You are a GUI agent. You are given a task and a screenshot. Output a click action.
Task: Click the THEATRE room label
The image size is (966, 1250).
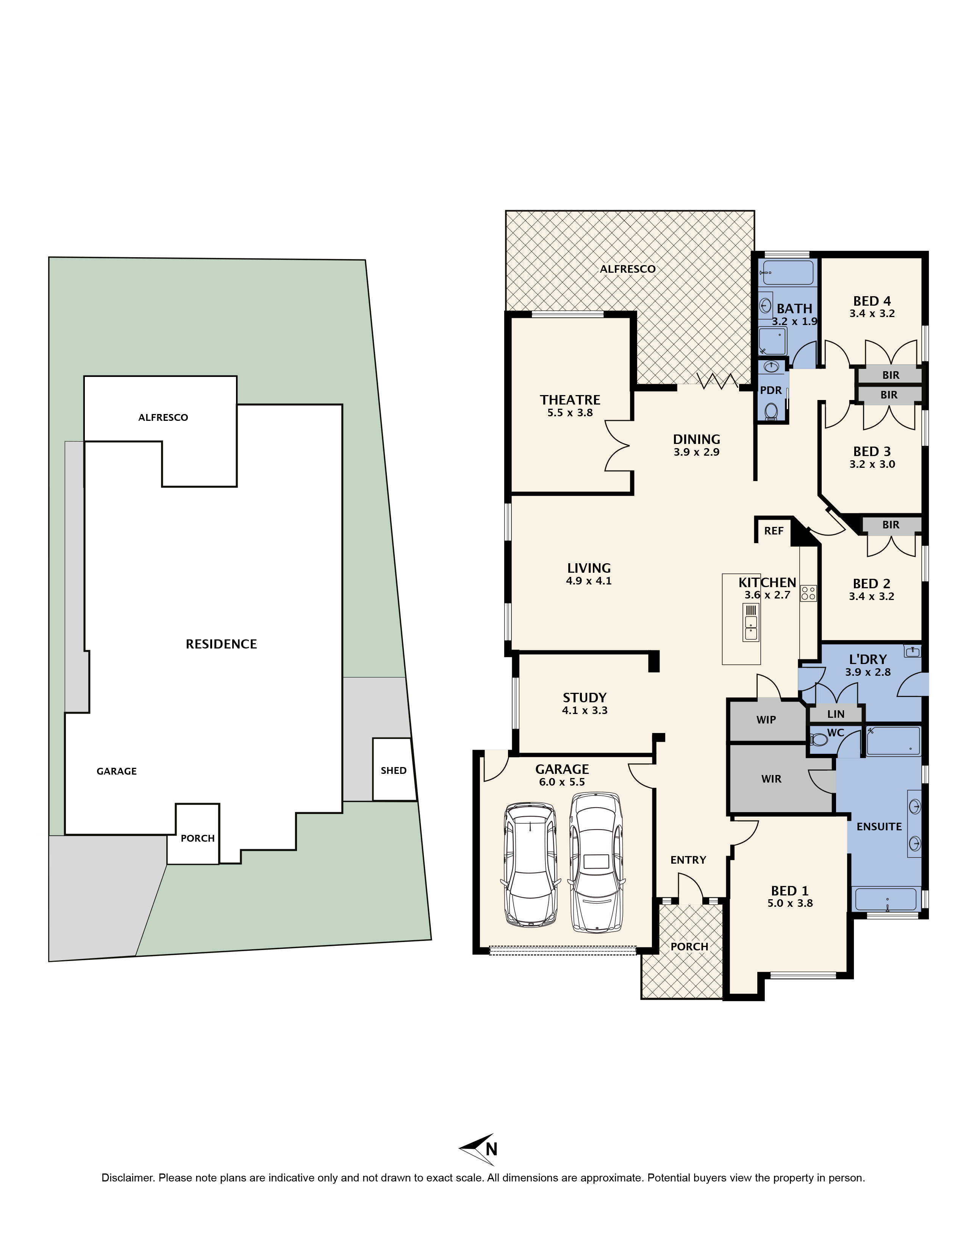click(x=570, y=400)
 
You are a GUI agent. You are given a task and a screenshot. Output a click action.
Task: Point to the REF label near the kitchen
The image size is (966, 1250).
click(x=774, y=531)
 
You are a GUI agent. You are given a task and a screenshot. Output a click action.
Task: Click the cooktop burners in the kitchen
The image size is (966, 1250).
click(x=808, y=593)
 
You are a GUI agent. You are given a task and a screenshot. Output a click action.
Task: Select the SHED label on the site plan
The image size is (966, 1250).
click(x=394, y=770)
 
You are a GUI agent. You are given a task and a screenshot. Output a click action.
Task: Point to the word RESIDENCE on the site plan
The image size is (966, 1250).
click(x=221, y=644)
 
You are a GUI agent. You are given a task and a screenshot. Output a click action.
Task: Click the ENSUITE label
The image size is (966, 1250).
click(x=879, y=827)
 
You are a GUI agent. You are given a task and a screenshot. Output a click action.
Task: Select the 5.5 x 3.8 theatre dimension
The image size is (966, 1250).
click(x=570, y=412)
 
